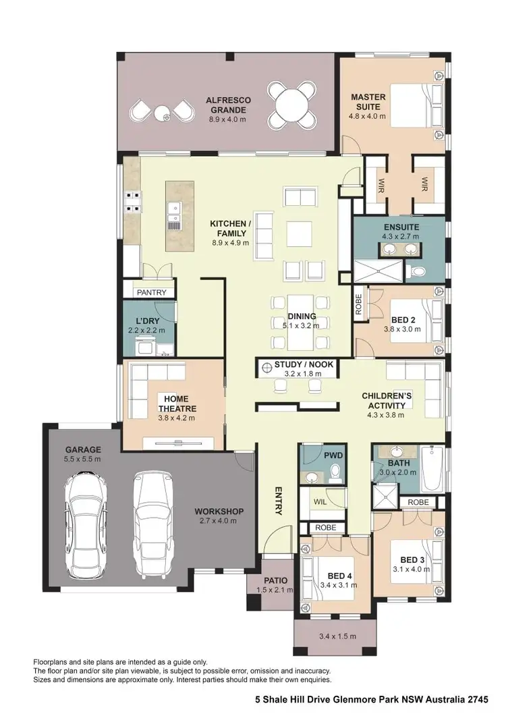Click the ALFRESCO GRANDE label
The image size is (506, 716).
tap(228, 105)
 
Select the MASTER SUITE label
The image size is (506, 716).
tap(368, 102)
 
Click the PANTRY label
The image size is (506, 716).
tap(150, 293)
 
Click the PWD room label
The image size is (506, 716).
tap(333, 456)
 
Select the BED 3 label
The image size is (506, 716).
tap(412, 560)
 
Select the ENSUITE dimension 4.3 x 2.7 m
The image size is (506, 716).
tap(400, 236)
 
